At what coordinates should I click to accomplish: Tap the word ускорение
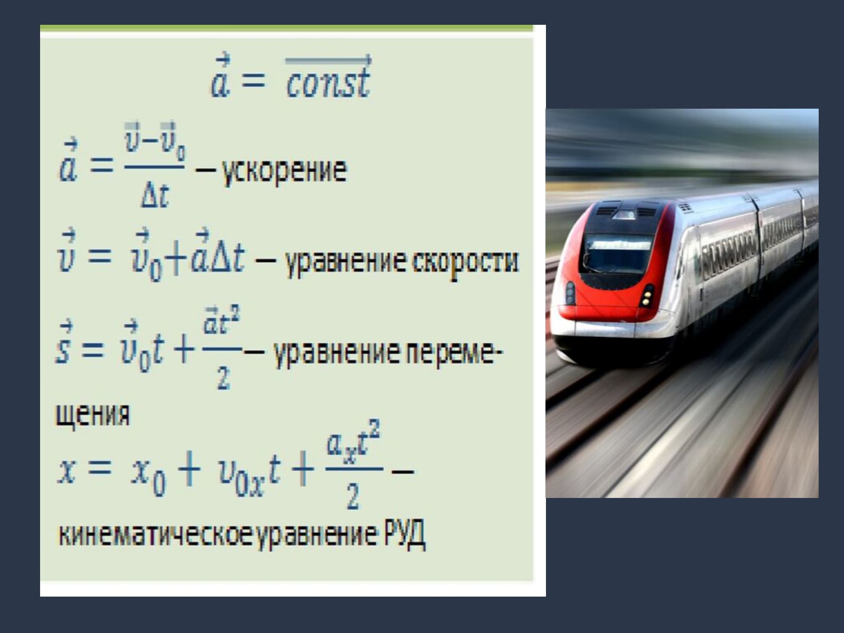[284, 171]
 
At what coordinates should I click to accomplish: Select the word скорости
[465, 262]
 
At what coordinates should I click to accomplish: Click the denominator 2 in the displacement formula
[224, 378]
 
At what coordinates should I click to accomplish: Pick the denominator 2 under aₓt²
[353, 497]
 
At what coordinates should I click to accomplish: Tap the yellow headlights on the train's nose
[648, 298]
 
